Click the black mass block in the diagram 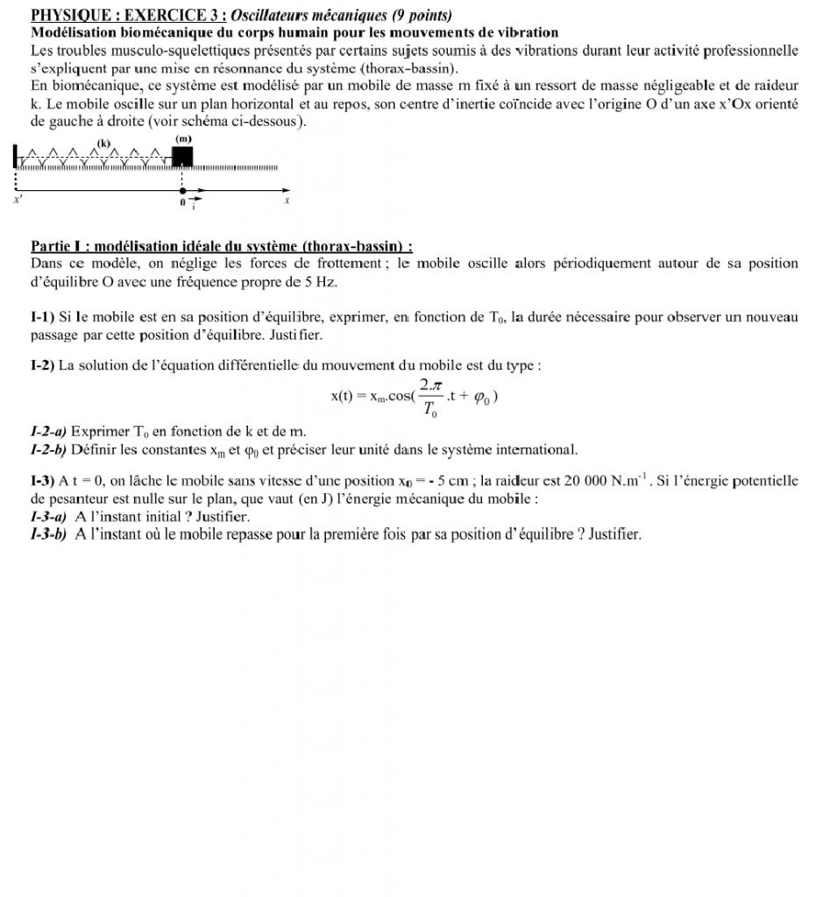click(182, 156)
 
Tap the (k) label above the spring click(104, 143)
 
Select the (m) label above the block click(183, 139)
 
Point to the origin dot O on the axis click(182, 189)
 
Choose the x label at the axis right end click(286, 201)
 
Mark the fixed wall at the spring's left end click(15, 158)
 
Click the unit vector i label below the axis click(195, 205)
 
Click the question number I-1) click(43, 317)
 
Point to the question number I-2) click(43, 365)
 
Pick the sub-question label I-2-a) click(48, 431)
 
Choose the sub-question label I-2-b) click(48, 450)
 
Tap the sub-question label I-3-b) click(48, 533)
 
